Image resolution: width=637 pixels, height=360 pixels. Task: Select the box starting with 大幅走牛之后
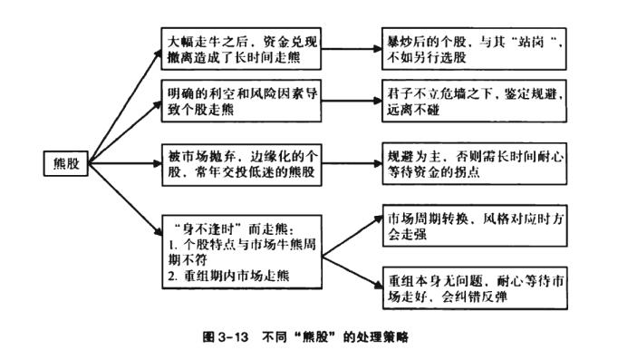coord(241,49)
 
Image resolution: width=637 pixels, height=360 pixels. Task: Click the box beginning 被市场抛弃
coord(241,164)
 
